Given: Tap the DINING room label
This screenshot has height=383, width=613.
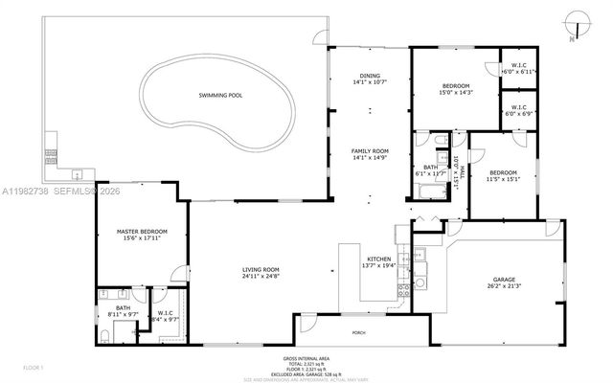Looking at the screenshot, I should (x=370, y=76).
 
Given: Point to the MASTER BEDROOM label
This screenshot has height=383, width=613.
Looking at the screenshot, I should (x=142, y=231).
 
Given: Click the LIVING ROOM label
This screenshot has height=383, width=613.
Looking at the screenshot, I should (x=260, y=269).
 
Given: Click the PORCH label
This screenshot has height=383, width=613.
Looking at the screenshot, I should (x=358, y=332).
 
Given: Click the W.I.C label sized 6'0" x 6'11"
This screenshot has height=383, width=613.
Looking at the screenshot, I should (x=520, y=65).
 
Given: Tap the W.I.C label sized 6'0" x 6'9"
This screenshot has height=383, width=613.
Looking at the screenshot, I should (x=519, y=106).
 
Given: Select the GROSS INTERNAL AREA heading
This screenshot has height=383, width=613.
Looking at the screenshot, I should (x=306, y=360).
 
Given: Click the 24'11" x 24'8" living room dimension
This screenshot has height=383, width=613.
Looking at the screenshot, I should (x=260, y=276).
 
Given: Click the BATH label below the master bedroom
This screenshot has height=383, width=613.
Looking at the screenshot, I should (x=117, y=306).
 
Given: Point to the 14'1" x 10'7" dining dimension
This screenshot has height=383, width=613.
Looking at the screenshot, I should (x=370, y=82).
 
